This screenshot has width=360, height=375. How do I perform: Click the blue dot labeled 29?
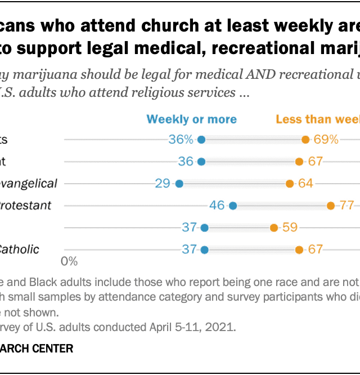pyautogui.click(x=179, y=184)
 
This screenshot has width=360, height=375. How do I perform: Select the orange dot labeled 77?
pyautogui.click(x=330, y=206)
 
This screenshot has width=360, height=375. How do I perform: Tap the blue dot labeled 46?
pyautogui.click(x=233, y=206)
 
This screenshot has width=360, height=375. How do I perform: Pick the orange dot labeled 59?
pyautogui.click(x=273, y=228)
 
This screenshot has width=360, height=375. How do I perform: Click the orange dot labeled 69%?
pyautogui.click(x=305, y=140)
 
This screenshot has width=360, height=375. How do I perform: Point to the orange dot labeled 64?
pyautogui.click(x=289, y=184)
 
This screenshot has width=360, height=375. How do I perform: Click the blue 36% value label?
pyautogui.click(x=181, y=140)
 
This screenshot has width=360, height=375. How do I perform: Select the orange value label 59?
pyautogui.click(x=290, y=228)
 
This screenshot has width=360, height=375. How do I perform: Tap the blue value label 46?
pyautogui.click(x=217, y=206)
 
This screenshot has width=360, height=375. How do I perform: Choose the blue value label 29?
pyautogui.click(x=163, y=184)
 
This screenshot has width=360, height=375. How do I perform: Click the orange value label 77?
pyautogui.click(x=346, y=206)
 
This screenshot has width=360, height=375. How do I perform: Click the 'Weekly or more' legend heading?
pyautogui.click(x=192, y=119)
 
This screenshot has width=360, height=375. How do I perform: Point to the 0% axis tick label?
pyautogui.click(x=69, y=261)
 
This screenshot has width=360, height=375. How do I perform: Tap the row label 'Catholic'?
pyautogui.click(x=20, y=249)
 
